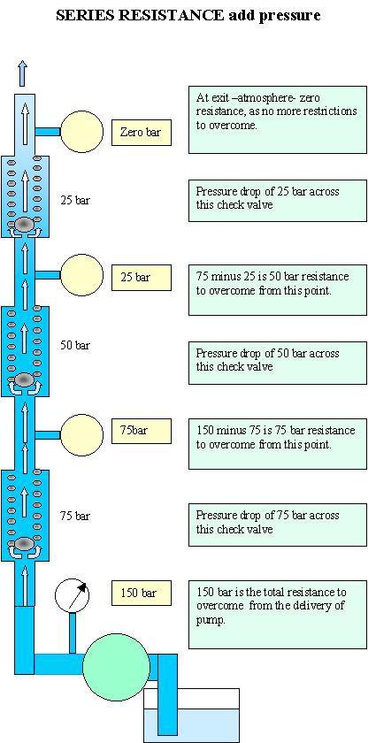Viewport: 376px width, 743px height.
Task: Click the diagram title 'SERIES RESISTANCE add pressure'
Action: pyautogui.click(x=188, y=16)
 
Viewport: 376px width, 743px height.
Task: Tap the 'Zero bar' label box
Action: pyautogui.click(x=142, y=133)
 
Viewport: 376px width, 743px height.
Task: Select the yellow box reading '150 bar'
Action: pyautogui.click(x=142, y=593)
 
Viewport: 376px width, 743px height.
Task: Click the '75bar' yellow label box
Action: pyautogui.click(x=142, y=432)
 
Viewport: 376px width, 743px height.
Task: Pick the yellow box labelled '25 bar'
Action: pyautogui.click(x=142, y=278)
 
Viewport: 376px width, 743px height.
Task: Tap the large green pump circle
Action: pyautogui.click(x=117, y=667)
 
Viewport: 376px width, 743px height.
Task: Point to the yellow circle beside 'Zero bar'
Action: pyautogui.click(x=82, y=132)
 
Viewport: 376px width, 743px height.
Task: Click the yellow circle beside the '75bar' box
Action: pyautogui.click(x=81, y=434)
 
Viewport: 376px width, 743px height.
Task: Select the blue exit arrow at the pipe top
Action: pyautogui.click(x=22, y=74)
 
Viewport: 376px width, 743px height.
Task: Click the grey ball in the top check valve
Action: pyautogui.click(x=24, y=224)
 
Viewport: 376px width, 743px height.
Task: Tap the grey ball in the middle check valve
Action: pyautogui.click(x=24, y=379)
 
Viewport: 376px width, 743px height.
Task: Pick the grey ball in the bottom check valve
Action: pyautogui.click(x=24, y=544)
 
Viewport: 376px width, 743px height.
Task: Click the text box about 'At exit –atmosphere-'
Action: pyautogui.click(x=278, y=119)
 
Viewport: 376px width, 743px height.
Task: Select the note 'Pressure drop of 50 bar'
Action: pyautogui.click(x=278, y=363)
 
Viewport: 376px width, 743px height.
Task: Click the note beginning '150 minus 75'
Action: pyautogui.click(x=278, y=444)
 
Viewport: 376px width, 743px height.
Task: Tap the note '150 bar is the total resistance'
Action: pyautogui.click(x=278, y=615)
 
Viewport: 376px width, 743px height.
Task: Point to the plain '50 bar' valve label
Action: pyautogui.click(x=75, y=346)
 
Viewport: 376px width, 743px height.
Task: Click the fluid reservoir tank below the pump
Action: pyautogui.click(x=192, y=716)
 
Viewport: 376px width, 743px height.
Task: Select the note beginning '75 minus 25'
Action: pyautogui.click(x=278, y=290)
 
